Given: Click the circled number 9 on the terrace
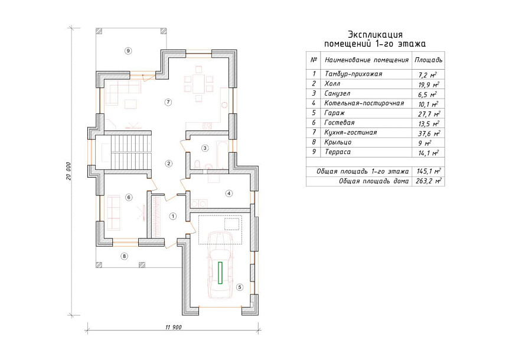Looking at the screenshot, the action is [x=128, y=51].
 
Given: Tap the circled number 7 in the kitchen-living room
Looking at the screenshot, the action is [x=168, y=102].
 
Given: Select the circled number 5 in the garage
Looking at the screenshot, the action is [x=240, y=287].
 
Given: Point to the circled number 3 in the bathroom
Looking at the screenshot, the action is [x=205, y=148].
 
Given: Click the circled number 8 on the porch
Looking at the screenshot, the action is [x=124, y=256].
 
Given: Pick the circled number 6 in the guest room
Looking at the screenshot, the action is [x=129, y=197].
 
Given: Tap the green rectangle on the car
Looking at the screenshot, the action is [x=220, y=273].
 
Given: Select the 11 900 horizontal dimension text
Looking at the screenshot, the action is [x=174, y=327].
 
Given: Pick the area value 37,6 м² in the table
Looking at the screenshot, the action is [x=429, y=133].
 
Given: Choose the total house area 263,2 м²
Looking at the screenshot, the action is [x=429, y=181].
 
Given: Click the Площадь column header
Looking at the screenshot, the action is [x=428, y=60].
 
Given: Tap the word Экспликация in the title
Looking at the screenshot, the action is [x=376, y=34].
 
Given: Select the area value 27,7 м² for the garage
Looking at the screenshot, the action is [x=429, y=114].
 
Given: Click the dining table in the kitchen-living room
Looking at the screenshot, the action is [x=198, y=84].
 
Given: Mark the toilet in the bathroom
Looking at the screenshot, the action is [x=196, y=165].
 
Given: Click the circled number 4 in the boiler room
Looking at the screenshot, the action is [x=229, y=194].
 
